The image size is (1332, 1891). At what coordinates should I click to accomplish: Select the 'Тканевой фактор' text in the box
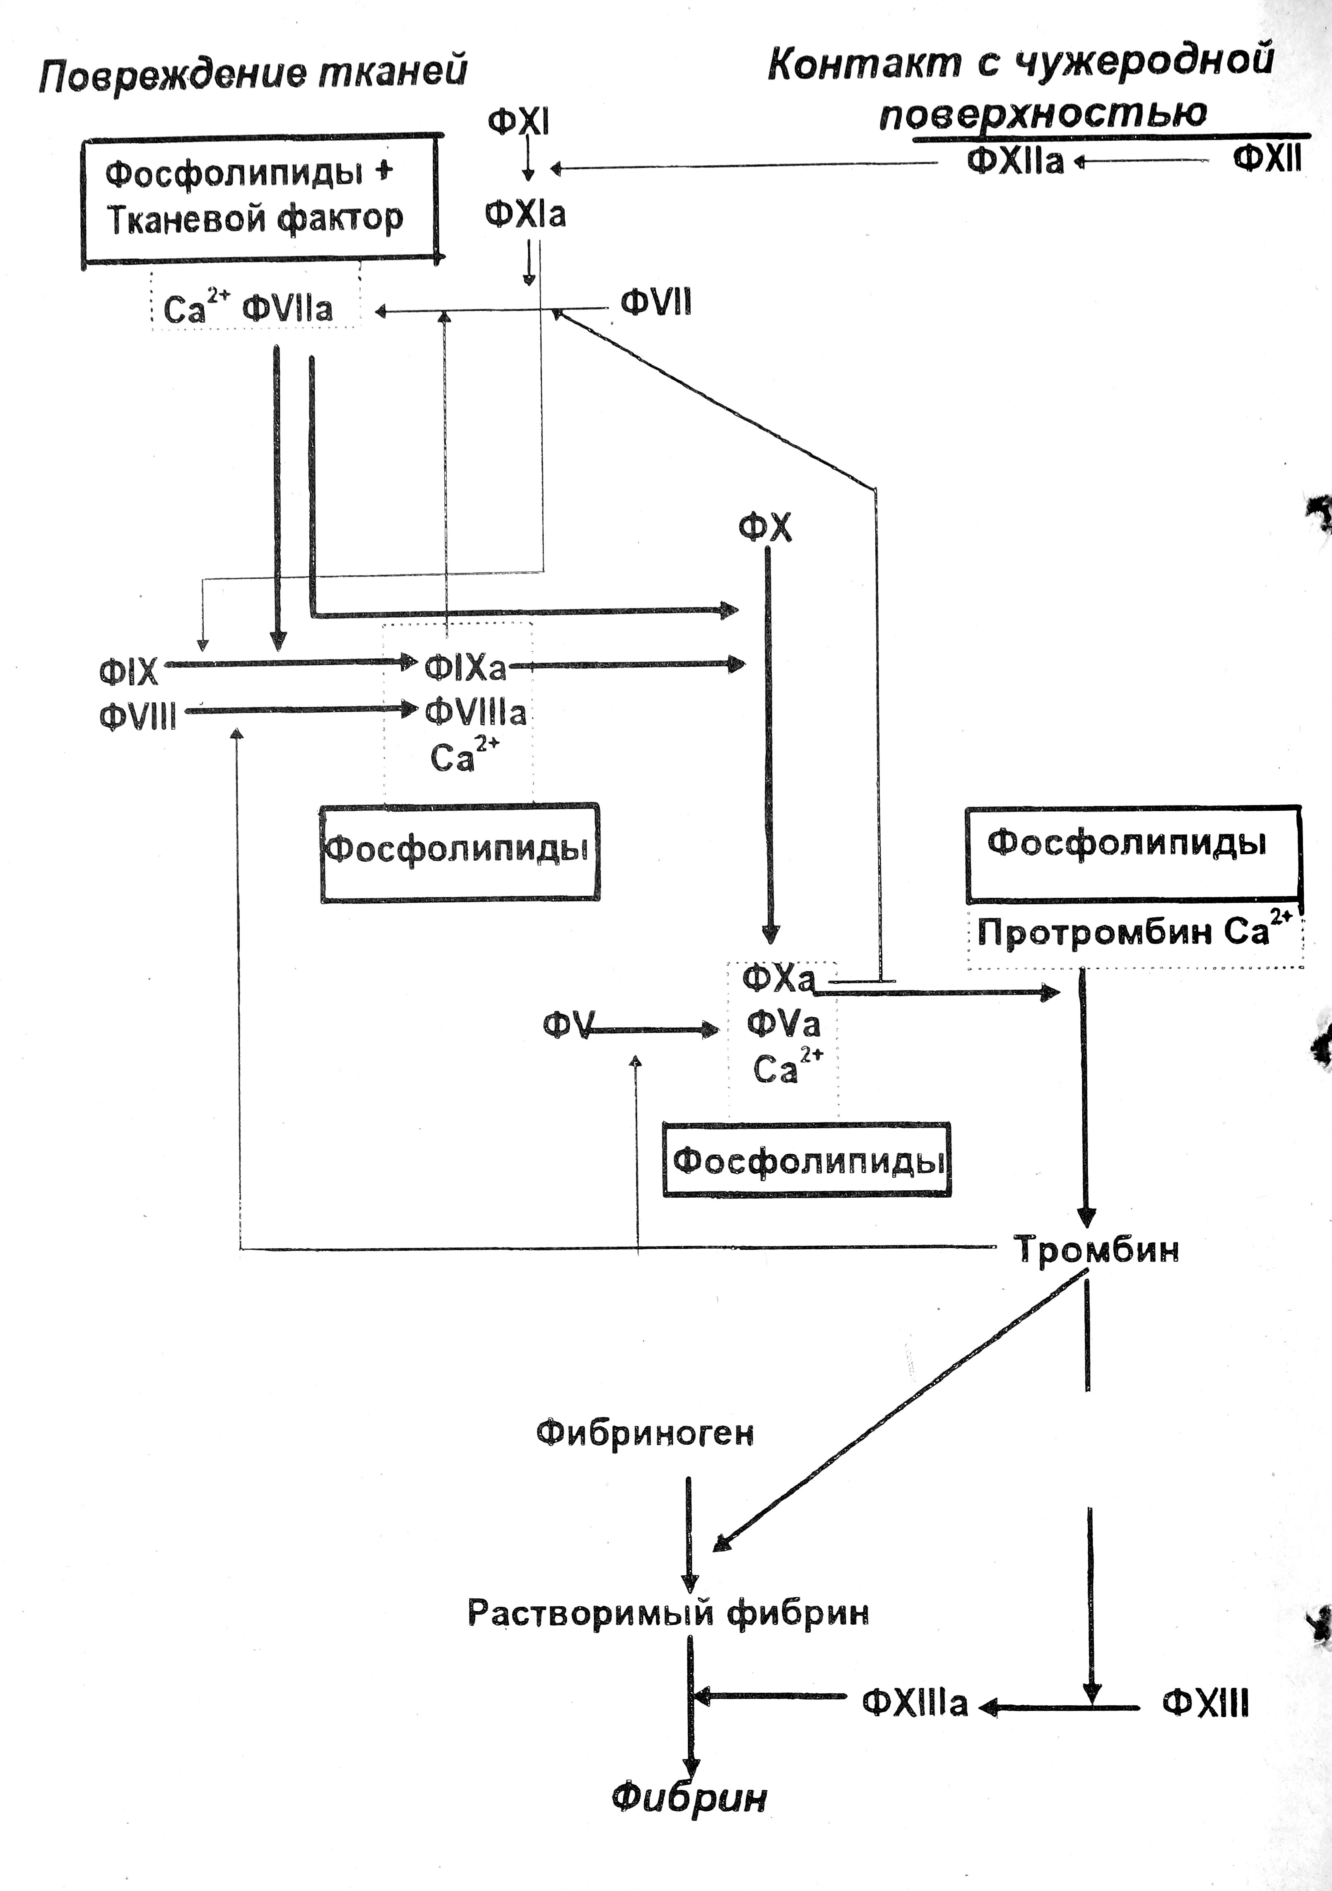[255, 218]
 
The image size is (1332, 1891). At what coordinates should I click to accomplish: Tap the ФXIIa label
[1015, 161]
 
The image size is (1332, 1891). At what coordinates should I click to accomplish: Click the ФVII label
[656, 303]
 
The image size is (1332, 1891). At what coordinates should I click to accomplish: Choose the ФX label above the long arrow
[765, 527]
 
